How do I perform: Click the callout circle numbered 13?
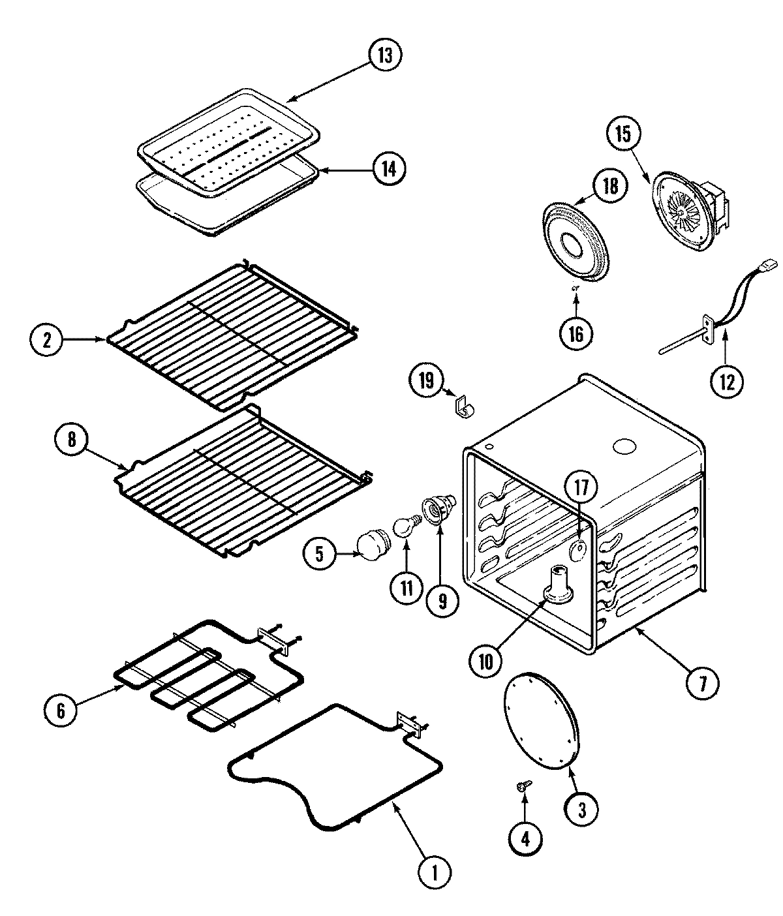[x=385, y=55]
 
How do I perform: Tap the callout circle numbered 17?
[x=581, y=486]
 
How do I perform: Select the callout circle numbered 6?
[x=61, y=710]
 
